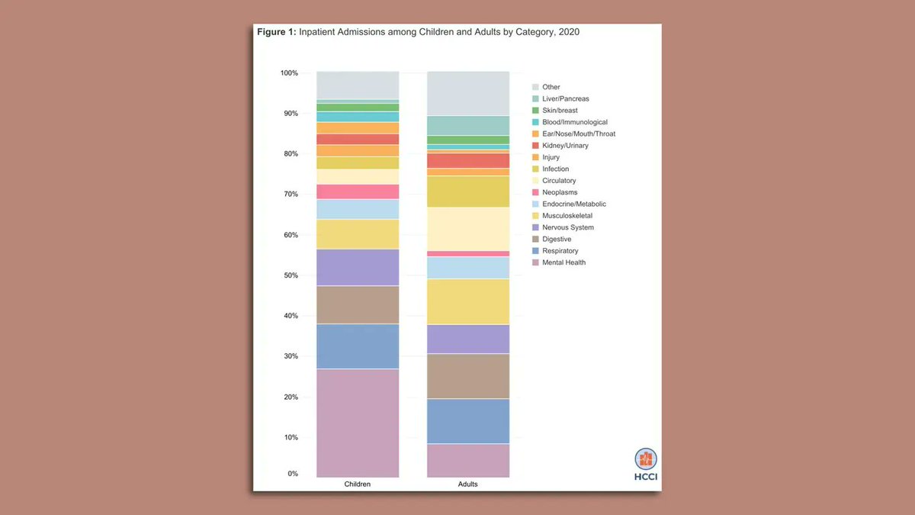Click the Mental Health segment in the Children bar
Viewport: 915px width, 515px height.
point(358,423)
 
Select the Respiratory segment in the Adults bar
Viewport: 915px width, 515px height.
point(468,420)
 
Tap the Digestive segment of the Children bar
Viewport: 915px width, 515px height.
point(358,304)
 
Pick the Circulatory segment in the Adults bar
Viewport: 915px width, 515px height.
point(468,229)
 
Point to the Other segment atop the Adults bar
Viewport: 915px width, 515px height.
point(468,93)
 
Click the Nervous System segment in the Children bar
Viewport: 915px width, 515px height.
point(358,267)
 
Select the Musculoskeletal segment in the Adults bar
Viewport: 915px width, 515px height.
point(468,301)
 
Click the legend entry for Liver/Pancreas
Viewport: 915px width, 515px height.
point(565,99)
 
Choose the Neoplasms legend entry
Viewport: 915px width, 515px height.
point(560,192)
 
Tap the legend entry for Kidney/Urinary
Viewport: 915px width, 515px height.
point(565,146)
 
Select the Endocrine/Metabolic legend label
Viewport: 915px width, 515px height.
point(574,204)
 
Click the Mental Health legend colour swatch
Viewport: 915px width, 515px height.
point(535,262)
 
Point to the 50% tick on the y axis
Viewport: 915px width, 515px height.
point(289,275)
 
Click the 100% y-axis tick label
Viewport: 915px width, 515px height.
point(289,73)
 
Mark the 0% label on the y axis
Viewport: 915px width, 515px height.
point(293,475)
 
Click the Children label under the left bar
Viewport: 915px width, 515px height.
point(358,484)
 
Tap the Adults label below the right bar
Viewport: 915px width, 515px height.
point(467,484)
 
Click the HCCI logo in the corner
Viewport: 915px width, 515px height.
point(646,465)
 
